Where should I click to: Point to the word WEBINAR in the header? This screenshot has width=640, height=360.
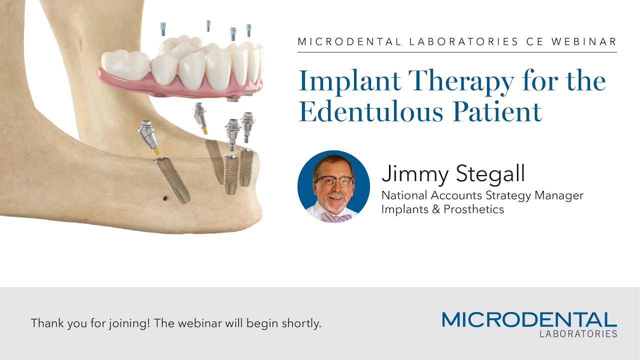click(x=584, y=42)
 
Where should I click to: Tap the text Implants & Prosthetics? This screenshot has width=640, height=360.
click(x=442, y=209)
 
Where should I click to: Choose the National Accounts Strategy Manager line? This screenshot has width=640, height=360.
click(x=482, y=195)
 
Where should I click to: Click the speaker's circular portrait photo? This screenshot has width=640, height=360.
click(x=333, y=186)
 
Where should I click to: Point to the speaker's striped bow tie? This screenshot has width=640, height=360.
click(x=336, y=217)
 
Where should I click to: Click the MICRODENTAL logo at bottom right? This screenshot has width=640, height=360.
click(x=529, y=320)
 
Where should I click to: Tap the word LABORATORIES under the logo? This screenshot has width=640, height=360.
click(x=578, y=333)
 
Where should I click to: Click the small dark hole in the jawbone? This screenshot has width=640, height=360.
click(x=165, y=198)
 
